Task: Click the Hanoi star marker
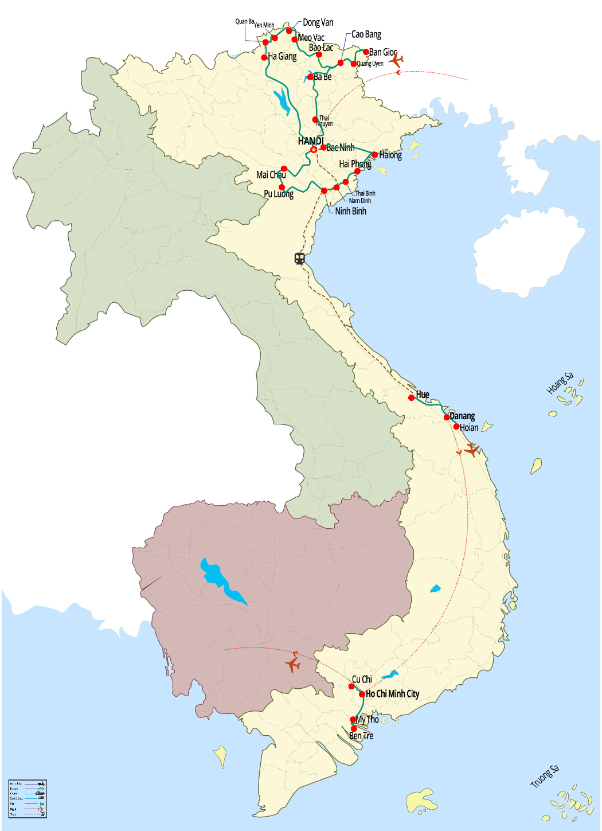coord(314,150)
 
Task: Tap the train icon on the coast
coord(299,259)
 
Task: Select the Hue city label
coord(423,395)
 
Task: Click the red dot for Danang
coord(447,418)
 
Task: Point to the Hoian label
coord(469,427)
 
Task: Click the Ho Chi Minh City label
coord(393,694)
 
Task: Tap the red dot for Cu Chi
coord(351,686)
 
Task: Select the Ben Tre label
coord(361,736)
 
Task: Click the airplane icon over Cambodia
coord(293,664)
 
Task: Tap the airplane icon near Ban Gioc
coord(396,60)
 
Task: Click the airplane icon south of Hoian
coord(471,450)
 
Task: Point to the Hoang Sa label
coord(560,383)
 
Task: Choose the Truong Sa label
coord(544,777)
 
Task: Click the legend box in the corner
coord(28,798)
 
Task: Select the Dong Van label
coord(318,22)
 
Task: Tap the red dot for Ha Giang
coord(264,57)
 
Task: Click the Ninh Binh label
coord(350,211)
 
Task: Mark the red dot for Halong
coord(374,155)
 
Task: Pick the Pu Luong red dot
coord(282,188)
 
